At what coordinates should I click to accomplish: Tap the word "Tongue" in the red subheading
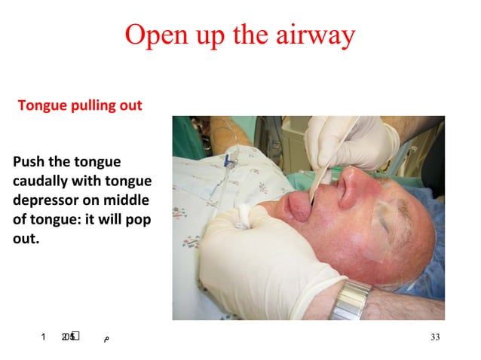(42, 105)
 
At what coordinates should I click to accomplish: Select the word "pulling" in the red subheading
(93, 105)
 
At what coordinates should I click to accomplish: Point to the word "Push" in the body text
(27, 162)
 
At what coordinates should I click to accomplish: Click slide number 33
(434, 337)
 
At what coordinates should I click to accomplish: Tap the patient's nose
(350, 188)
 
